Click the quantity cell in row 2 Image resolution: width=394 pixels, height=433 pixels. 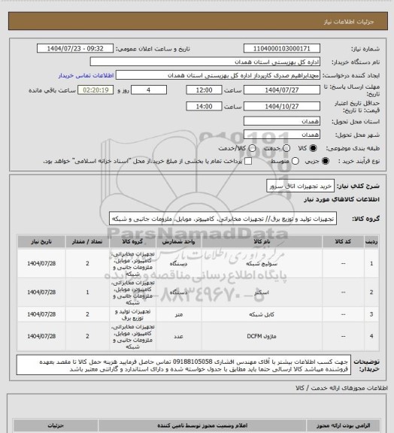[88, 291]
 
